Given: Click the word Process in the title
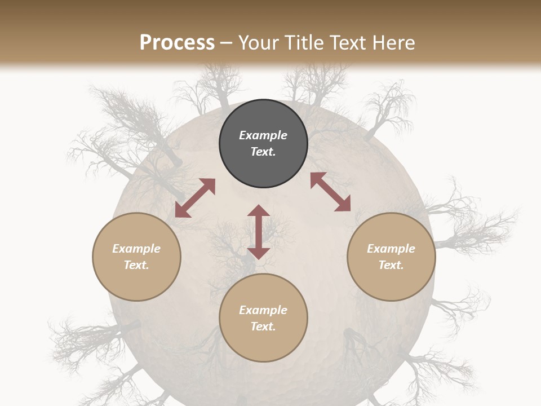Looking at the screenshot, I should click(177, 43).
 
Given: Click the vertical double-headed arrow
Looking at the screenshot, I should click(259, 232).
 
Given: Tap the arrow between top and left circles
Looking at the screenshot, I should click(195, 198).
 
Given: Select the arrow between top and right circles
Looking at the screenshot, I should click(331, 192).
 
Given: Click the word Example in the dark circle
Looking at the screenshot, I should click(263, 135).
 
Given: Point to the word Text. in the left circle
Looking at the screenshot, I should click(136, 265).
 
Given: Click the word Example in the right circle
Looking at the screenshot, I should click(391, 249).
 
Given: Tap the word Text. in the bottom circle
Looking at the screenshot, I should click(263, 326).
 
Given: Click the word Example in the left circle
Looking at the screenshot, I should click(136, 249).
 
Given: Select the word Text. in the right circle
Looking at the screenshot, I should click(391, 265).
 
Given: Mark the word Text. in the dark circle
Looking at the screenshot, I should click(263, 152).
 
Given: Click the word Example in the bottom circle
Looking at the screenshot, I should click(263, 310).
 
